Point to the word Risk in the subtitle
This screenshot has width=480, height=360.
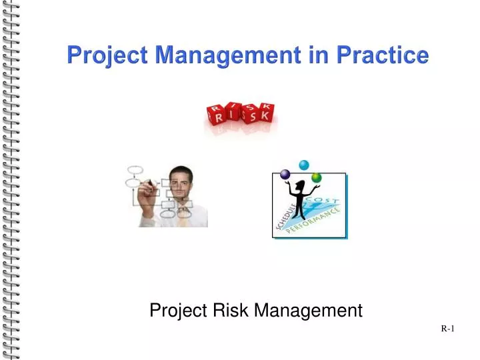tap(231, 310)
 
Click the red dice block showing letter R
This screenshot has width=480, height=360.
tap(217, 117)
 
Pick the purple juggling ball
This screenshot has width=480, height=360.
tap(286, 175)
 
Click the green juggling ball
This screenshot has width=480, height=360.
tap(316, 177)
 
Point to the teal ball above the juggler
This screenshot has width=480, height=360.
tap(305, 164)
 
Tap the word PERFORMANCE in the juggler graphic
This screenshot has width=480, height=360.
tap(314, 223)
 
